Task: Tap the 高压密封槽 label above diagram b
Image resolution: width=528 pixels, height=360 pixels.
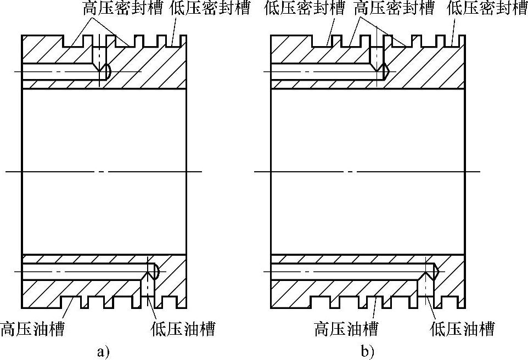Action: point(394,8)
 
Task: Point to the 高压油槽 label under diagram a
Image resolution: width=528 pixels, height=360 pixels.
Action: point(32,329)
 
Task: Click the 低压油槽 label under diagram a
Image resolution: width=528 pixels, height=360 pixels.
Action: point(183,329)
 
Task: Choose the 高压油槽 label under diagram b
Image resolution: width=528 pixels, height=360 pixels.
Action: point(346,329)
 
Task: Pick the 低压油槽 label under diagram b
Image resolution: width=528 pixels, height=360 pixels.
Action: point(462,329)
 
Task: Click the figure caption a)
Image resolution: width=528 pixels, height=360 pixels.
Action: point(103,350)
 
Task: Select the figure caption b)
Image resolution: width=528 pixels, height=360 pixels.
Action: point(367,350)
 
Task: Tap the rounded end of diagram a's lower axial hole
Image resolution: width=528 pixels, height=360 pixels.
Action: point(156,271)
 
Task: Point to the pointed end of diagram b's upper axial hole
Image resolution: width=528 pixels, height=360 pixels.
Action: point(386,71)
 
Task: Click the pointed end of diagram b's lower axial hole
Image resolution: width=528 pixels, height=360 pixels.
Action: point(435,271)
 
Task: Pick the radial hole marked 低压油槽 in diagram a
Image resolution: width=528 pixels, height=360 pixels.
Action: point(149,291)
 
